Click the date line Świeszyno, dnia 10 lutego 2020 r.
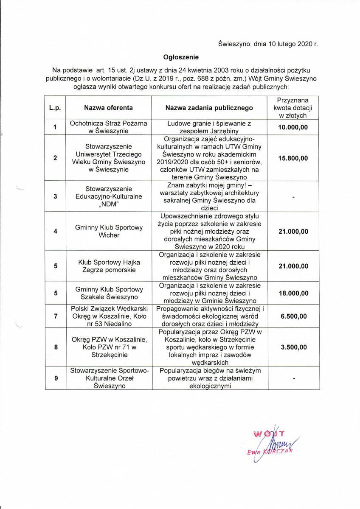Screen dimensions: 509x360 268,43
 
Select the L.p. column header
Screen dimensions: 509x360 55,108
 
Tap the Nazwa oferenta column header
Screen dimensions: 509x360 108,108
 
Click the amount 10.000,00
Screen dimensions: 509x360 292,127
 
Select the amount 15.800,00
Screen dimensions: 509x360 292,158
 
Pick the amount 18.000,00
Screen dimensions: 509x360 292,293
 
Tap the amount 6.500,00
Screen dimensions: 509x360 292,316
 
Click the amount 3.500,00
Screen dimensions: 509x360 292,347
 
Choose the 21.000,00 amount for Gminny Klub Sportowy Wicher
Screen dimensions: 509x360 292,232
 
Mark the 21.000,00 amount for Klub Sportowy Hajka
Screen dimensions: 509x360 292,266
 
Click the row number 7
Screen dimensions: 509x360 55,316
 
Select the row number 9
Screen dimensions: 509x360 55,378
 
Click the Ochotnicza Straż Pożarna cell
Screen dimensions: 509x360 108,127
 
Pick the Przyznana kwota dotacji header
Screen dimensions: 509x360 292,108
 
